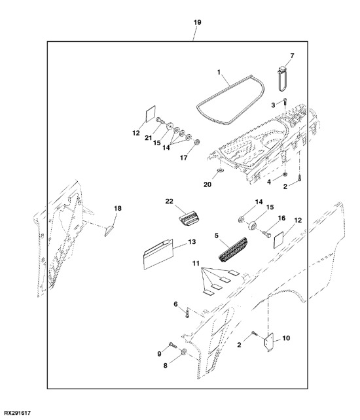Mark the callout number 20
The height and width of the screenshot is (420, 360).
[x=207, y=184]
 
